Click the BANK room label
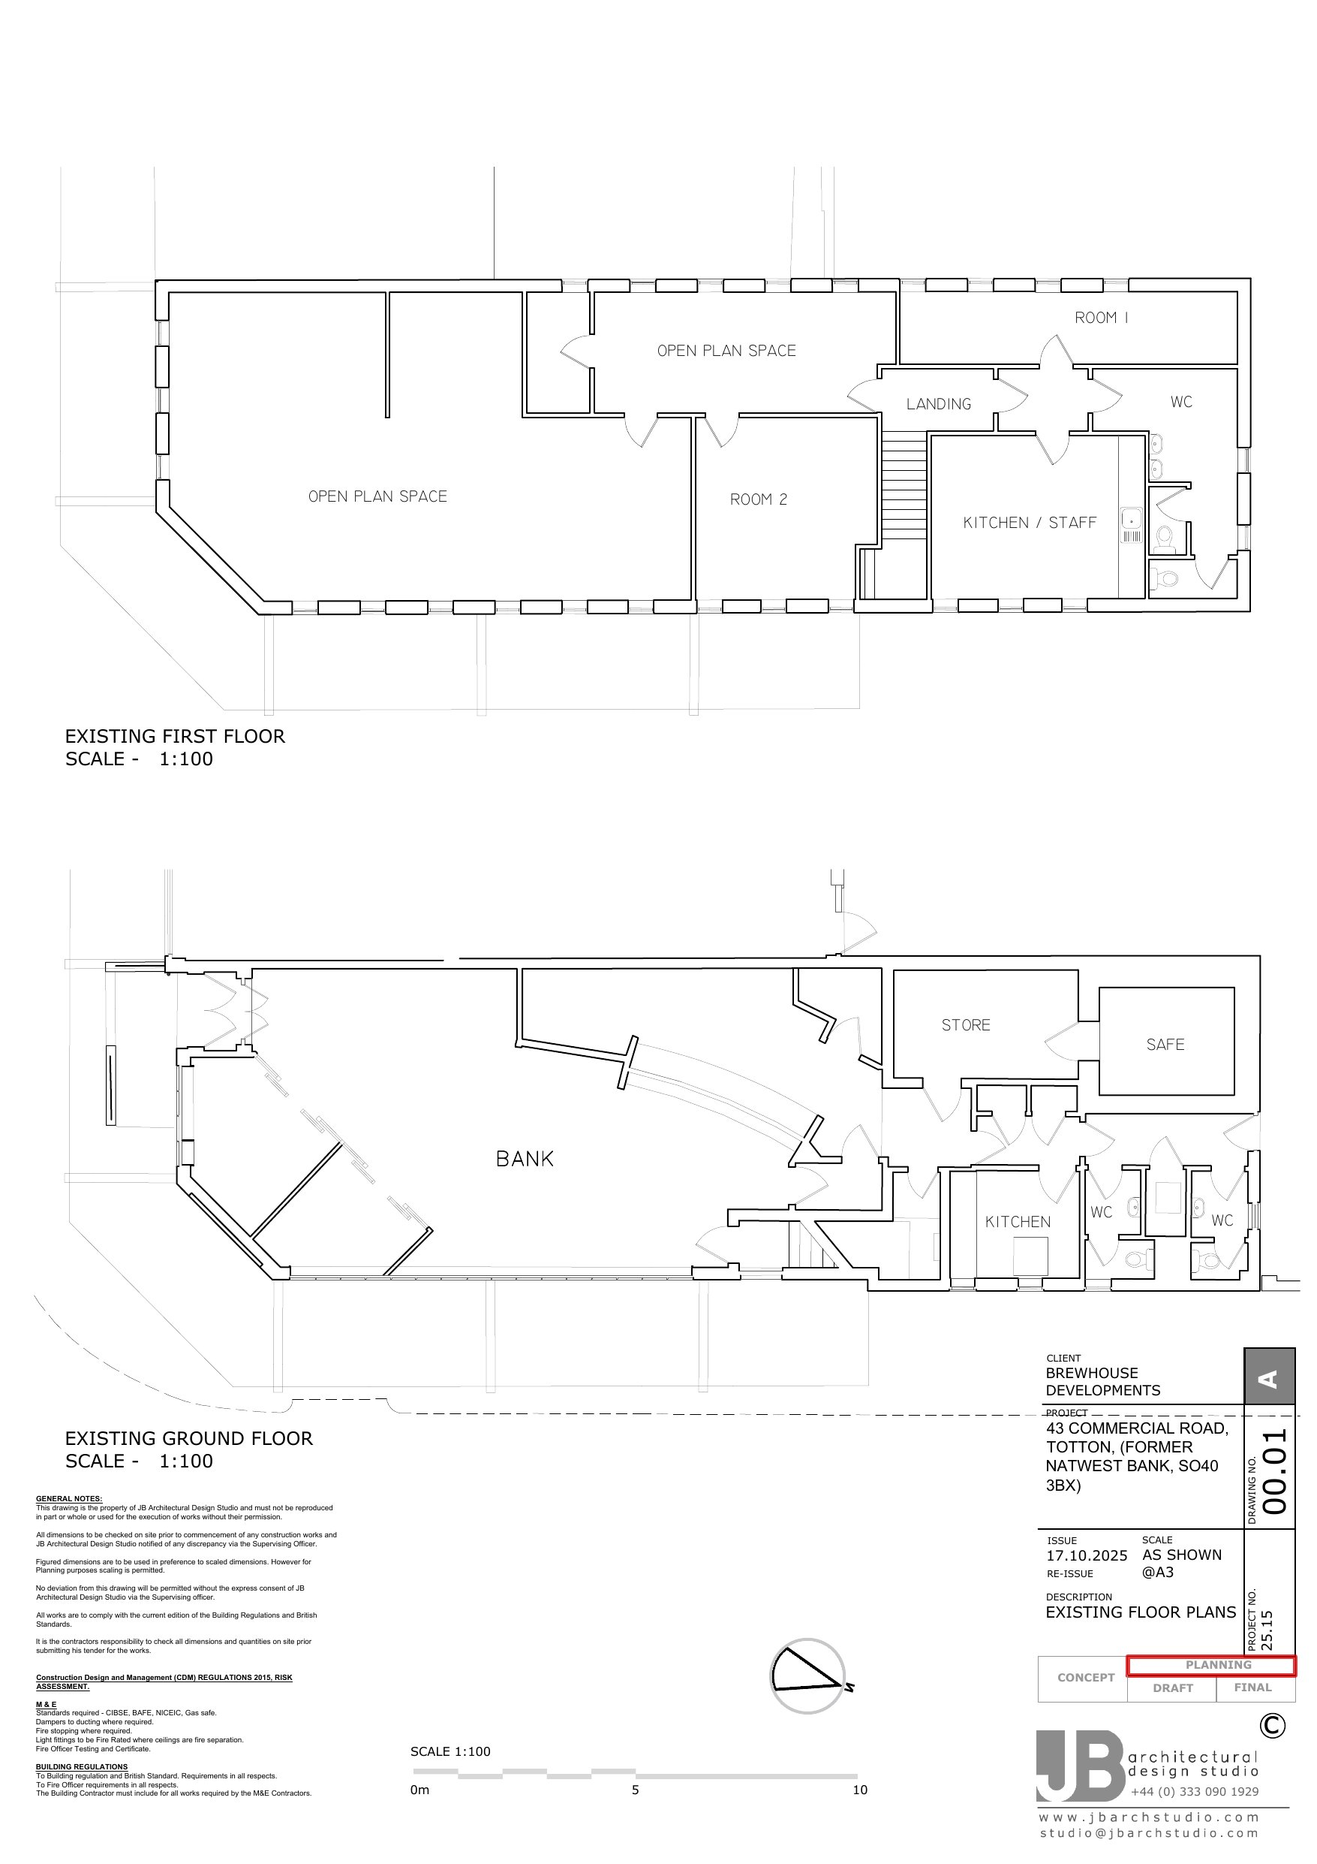tap(525, 1159)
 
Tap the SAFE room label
tap(1165, 1045)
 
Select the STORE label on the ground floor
tap(966, 1025)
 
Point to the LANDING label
tap(939, 403)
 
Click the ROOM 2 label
tap(759, 499)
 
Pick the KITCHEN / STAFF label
tap(1030, 523)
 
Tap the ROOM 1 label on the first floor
tap(1101, 318)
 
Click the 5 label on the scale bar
tap(636, 1790)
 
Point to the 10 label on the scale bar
tap(859, 1790)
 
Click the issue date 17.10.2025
tap(1087, 1555)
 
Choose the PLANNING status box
tap(1211, 1665)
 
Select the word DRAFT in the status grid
tap(1174, 1688)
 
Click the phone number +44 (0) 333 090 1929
tap(1195, 1792)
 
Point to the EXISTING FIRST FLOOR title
tap(176, 736)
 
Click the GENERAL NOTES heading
tap(69, 1499)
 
